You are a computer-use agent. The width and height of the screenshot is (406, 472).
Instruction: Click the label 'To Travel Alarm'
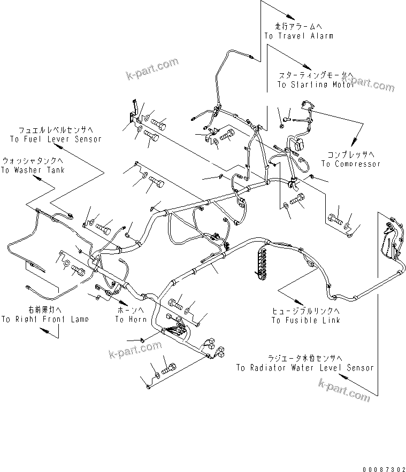(x=298, y=36)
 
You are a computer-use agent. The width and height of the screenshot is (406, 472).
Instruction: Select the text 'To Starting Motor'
(x=315, y=85)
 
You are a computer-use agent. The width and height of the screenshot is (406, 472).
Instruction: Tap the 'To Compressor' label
(x=351, y=164)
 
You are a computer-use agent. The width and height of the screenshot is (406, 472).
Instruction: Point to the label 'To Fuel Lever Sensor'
(x=56, y=139)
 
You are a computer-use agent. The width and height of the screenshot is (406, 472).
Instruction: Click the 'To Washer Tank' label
(x=33, y=170)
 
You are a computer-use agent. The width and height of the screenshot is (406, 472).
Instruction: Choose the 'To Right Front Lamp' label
(x=45, y=319)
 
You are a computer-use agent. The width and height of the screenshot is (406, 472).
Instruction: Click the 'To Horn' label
(x=131, y=319)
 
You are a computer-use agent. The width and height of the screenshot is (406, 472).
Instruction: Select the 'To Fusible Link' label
(x=305, y=320)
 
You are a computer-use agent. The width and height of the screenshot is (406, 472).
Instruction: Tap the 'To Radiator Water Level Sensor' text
(x=305, y=368)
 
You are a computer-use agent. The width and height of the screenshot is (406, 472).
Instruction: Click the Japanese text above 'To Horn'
(x=131, y=310)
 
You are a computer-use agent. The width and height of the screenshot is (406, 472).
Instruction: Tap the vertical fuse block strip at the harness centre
(x=262, y=261)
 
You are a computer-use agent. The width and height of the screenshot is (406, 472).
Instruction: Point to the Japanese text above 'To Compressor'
(x=351, y=154)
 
